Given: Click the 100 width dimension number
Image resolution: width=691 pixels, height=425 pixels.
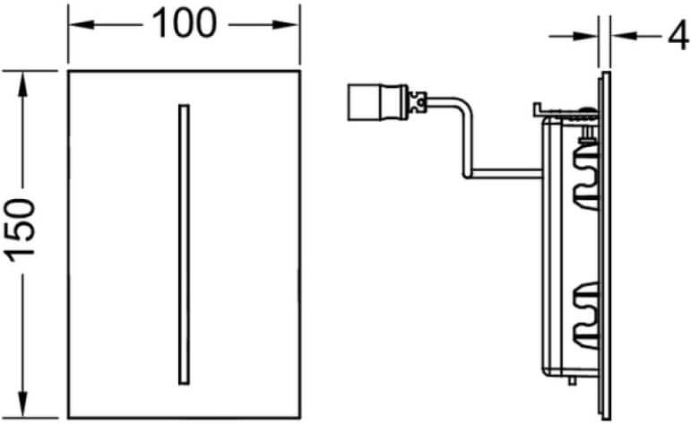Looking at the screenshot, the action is click(x=185, y=24).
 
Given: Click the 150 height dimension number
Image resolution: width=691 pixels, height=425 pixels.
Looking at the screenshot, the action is click(x=22, y=230).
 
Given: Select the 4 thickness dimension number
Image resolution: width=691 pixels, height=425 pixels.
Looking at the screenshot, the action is click(x=678, y=35).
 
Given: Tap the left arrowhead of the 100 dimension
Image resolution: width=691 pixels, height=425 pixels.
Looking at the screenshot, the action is click(x=81, y=25).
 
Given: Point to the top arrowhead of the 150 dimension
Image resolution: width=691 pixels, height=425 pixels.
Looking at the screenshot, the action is click(x=23, y=83).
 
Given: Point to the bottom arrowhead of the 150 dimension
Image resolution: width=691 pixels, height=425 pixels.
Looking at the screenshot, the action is click(x=23, y=403).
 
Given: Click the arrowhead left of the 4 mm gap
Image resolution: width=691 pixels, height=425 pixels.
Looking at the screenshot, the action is click(x=585, y=36).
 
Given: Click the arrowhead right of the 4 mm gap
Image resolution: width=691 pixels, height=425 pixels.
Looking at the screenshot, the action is click(x=624, y=36).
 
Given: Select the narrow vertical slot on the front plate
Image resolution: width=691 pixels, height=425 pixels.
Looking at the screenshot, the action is click(x=185, y=244).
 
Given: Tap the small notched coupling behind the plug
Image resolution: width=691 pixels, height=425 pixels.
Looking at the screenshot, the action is click(x=418, y=103).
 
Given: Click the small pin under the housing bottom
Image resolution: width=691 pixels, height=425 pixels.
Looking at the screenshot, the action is click(x=572, y=380).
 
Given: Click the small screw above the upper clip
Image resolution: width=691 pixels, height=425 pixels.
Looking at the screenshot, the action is click(x=586, y=134).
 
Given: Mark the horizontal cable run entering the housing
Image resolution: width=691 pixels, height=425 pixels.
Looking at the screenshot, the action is click(x=506, y=173).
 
